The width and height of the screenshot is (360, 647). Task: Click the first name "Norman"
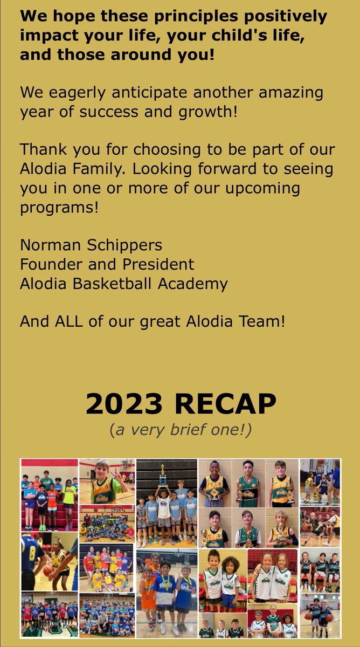pyautogui.click(x=47, y=245)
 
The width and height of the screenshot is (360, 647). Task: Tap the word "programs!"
pyautogui.click(x=59, y=208)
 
